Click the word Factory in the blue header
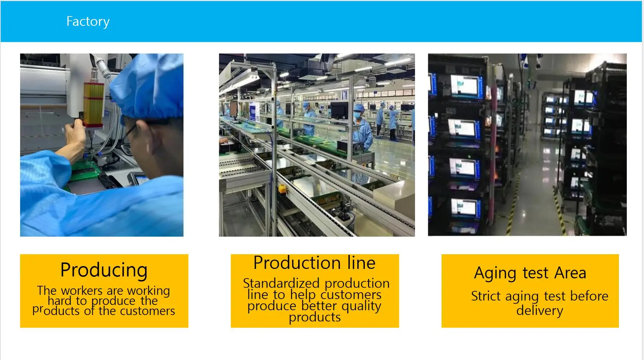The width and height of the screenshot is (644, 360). pyautogui.click(x=88, y=22)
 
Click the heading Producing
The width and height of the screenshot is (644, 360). pyautogui.click(x=104, y=270)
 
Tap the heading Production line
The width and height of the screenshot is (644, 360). pyautogui.click(x=314, y=262)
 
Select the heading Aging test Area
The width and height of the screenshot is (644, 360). pyautogui.click(x=530, y=273)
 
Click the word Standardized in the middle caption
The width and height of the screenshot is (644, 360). pyautogui.click(x=281, y=283)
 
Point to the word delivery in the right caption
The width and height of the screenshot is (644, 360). pyautogui.click(x=539, y=311)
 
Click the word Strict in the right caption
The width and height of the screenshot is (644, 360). pyautogui.click(x=486, y=296)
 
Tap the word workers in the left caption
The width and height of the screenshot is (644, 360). pyautogui.click(x=82, y=290)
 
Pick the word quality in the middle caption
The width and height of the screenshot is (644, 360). pyautogui.click(x=361, y=306)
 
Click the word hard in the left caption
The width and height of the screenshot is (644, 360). pyautogui.click(x=59, y=300)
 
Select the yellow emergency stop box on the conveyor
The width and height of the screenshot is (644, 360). pyautogui.click(x=282, y=189)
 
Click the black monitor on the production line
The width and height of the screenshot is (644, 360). pyautogui.click(x=339, y=110)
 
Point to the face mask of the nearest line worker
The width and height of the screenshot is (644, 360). pyautogui.click(x=357, y=115)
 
